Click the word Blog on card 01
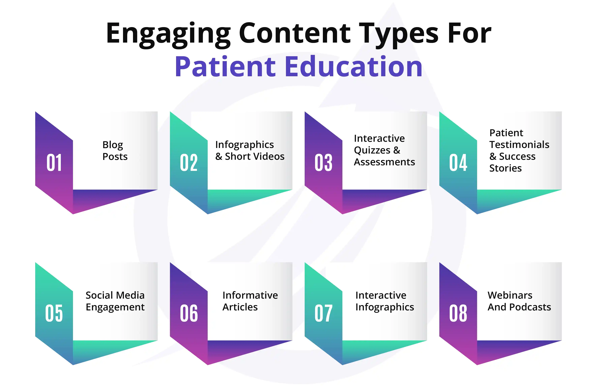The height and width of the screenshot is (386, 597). (113, 145)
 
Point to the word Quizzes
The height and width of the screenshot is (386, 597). (372, 150)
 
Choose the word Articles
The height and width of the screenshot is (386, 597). (240, 307)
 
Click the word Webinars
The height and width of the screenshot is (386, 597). (510, 295)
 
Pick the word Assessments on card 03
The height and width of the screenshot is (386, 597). (384, 162)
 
